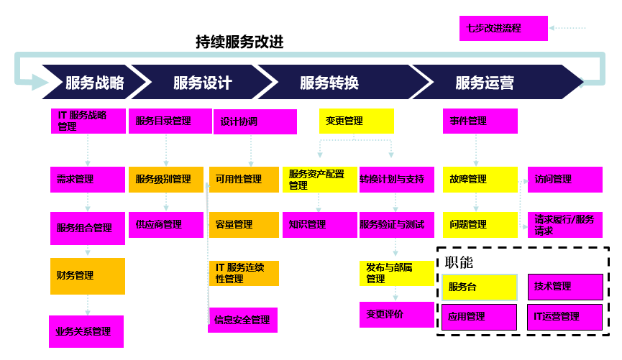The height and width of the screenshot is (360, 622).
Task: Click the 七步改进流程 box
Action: coord(503,28)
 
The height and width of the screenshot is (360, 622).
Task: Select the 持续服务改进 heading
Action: coord(239,42)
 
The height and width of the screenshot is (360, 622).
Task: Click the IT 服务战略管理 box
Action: coord(88,121)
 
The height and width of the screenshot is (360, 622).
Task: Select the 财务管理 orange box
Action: coord(88,276)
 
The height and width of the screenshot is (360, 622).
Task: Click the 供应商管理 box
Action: coord(166,225)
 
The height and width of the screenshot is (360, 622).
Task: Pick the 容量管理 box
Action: coord(244,225)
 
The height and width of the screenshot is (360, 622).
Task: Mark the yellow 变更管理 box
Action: coord(357,121)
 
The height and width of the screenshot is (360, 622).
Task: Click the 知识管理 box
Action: coord(319,225)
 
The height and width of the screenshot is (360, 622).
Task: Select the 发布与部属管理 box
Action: coord(396,274)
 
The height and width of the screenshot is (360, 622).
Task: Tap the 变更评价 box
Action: coord(396,315)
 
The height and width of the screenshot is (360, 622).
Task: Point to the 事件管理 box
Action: coord(480,121)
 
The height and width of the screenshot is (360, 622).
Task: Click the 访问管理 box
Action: coord(564,180)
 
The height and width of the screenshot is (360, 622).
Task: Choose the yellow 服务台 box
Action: coord(479,287)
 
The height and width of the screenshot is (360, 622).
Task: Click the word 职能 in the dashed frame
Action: coord(460,263)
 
